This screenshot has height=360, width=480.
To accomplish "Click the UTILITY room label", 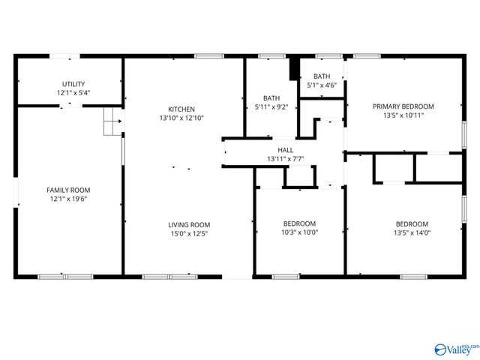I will coord(73,84).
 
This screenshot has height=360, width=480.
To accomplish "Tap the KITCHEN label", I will coord(181,109).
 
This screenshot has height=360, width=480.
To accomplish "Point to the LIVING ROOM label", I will coord(188,224).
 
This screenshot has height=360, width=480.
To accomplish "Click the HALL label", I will coord(285,150).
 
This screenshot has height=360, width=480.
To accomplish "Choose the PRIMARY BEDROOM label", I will coord(403,106).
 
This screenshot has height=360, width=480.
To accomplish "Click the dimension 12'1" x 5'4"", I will coord(73,93).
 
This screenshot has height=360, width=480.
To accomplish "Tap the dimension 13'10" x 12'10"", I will coord(181,118).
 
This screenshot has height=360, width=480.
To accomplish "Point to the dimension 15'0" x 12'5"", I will coord(188,233).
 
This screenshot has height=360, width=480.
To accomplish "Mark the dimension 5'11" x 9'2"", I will coord(271,107).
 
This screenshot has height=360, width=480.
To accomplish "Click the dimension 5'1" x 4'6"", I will coord(322,85).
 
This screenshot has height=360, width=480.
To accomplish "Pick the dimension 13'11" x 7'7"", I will coord(285,159).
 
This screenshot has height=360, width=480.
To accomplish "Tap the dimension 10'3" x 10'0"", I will coord(299,232).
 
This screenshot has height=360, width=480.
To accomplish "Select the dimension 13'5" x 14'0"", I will coord(412,233).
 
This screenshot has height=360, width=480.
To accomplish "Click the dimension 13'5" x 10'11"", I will coord(403,115).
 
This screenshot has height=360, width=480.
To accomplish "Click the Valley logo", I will coord(454,349).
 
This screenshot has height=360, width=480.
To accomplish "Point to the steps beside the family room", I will coord(112,122).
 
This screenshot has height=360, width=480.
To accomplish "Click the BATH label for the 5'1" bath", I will coord(322,76).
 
